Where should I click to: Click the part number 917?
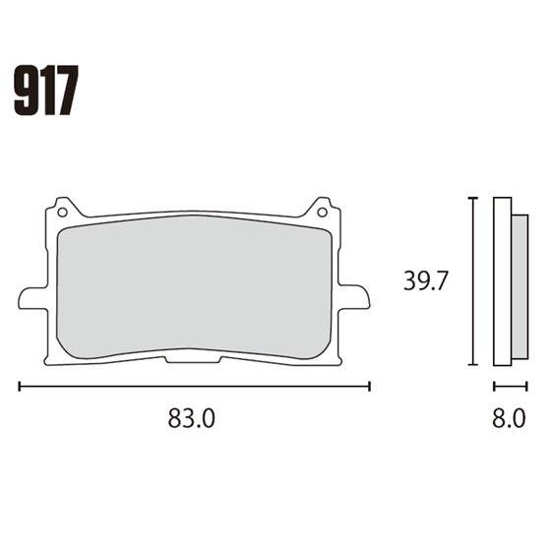pyautogui.click(x=46, y=91)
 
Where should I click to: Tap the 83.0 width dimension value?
pyautogui.click(x=191, y=418)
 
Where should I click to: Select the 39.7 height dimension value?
pyautogui.click(x=425, y=280)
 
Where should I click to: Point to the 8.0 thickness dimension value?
pyautogui.click(x=509, y=418)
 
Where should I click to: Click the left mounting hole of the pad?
pyautogui.click(x=62, y=213)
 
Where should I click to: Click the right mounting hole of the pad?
pyautogui.click(x=322, y=213)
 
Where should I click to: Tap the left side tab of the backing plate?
pyautogui.click(x=32, y=298)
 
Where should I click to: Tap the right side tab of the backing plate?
pyautogui.click(x=354, y=296)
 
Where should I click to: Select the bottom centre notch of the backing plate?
pyautogui.click(x=193, y=360)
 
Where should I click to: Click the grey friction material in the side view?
pyautogui.click(x=520, y=286)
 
